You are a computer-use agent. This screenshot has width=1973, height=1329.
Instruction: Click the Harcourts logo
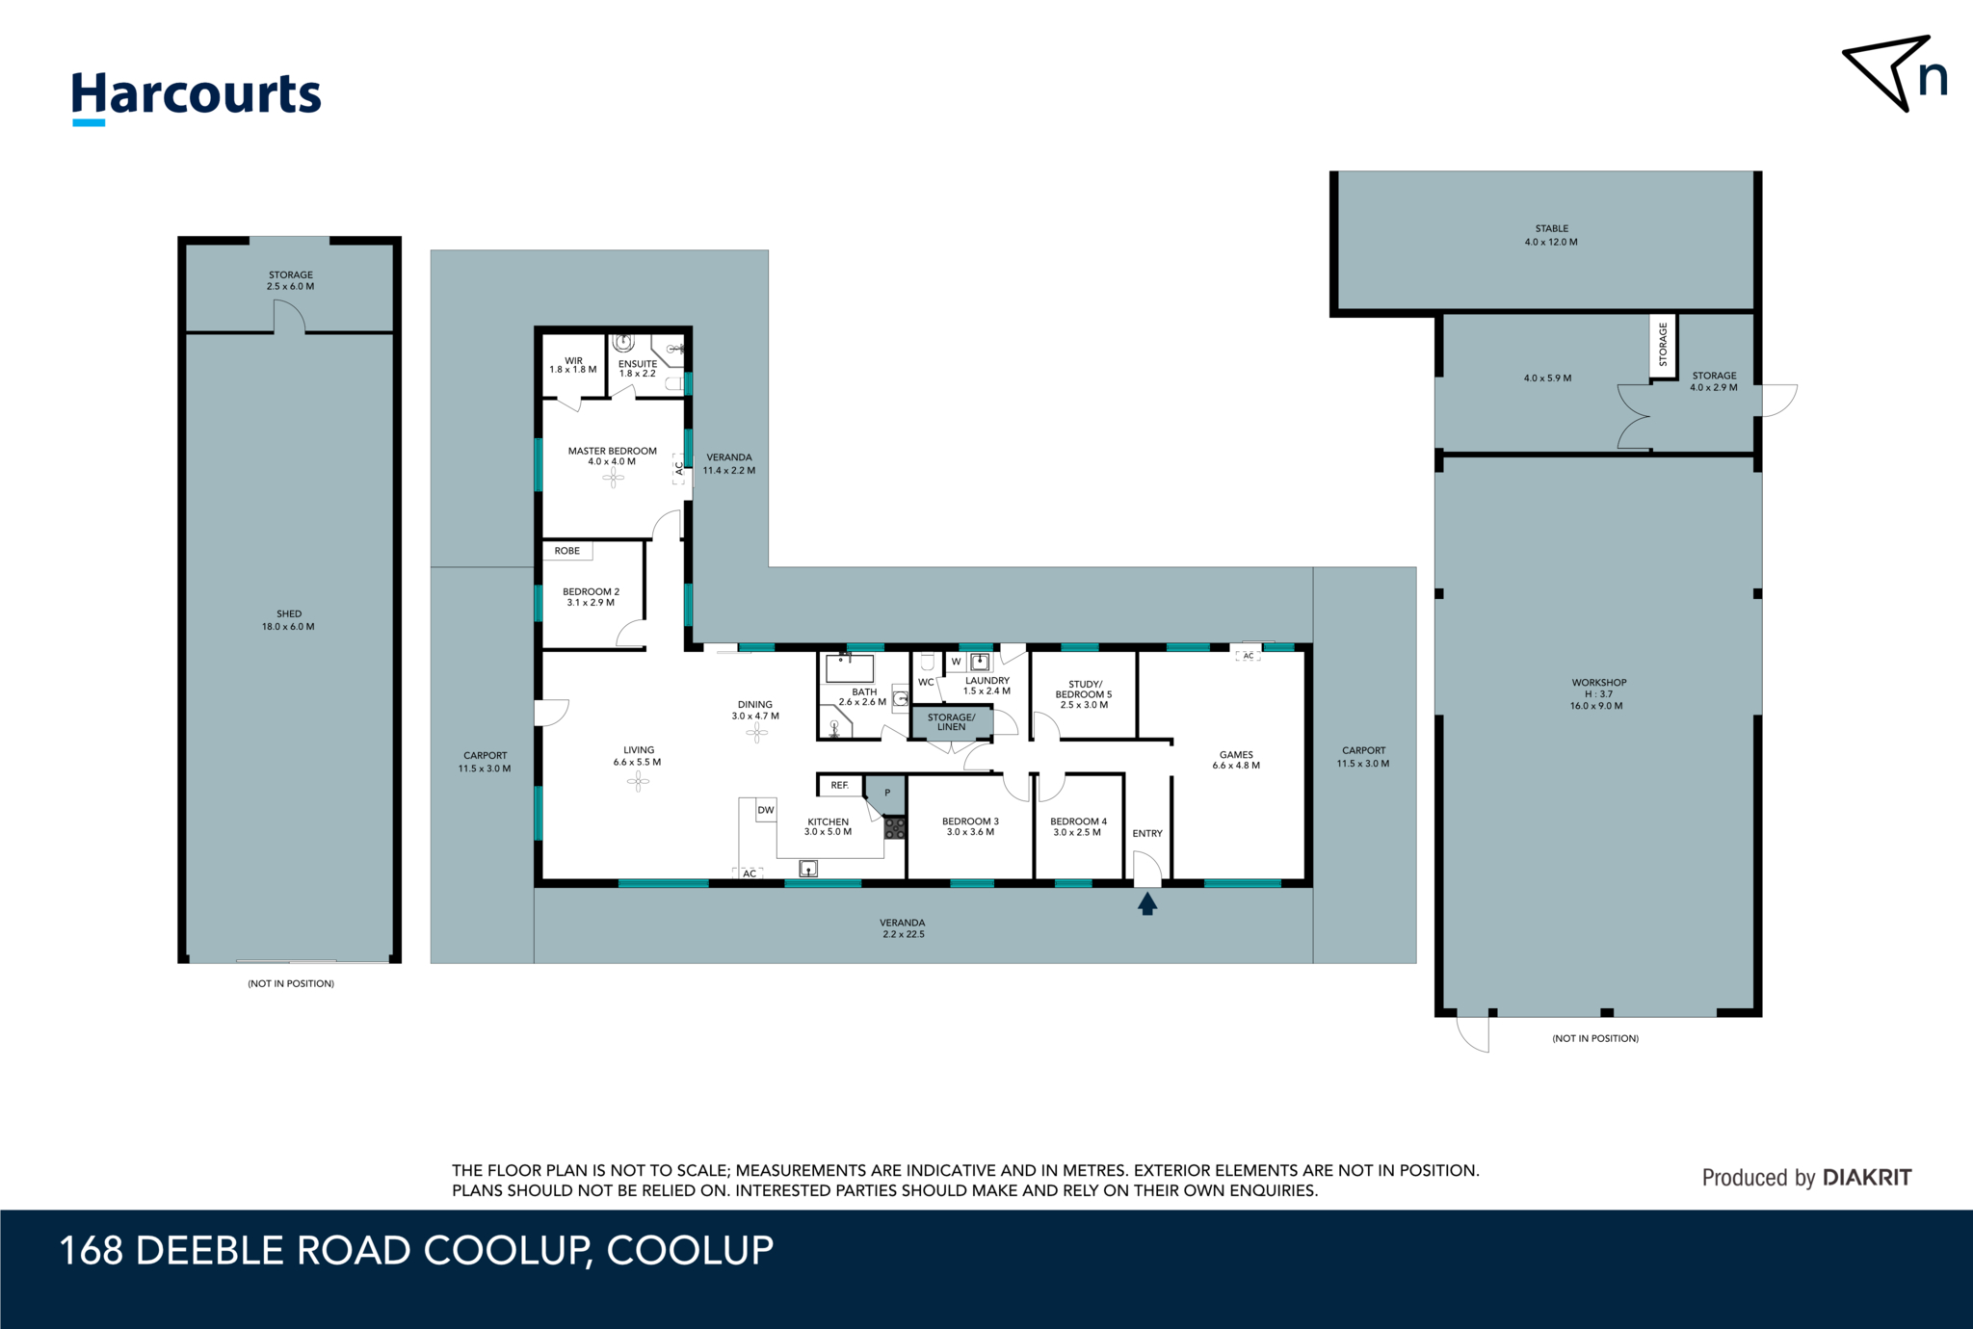197,96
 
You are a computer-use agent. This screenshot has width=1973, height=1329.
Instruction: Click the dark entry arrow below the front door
1146,903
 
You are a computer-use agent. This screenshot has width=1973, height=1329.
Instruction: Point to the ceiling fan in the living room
638,782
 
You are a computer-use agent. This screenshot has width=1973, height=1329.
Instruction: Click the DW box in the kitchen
766,810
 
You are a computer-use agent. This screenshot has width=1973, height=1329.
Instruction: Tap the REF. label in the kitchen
840,785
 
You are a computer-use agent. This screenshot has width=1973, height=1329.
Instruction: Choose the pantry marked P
886,794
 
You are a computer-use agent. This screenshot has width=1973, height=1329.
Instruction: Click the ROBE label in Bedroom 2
567,551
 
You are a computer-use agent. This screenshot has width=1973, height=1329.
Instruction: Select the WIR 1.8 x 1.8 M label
573,365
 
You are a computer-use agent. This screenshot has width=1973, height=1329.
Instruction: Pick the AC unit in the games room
1248,656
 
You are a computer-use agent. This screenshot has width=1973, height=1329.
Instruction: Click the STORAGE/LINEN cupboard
951,721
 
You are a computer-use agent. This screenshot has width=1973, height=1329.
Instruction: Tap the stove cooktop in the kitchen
895,827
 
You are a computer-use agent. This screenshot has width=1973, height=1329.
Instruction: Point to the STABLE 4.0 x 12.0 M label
1551,235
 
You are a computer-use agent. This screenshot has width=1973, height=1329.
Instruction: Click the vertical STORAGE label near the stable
1663,345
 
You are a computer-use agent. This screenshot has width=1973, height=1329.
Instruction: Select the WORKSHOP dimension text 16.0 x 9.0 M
1596,706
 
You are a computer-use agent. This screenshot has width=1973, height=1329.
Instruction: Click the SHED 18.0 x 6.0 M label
288,620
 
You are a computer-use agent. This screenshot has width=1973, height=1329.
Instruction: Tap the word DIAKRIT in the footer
1867,1177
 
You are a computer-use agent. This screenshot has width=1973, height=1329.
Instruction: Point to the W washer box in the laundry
956,662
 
